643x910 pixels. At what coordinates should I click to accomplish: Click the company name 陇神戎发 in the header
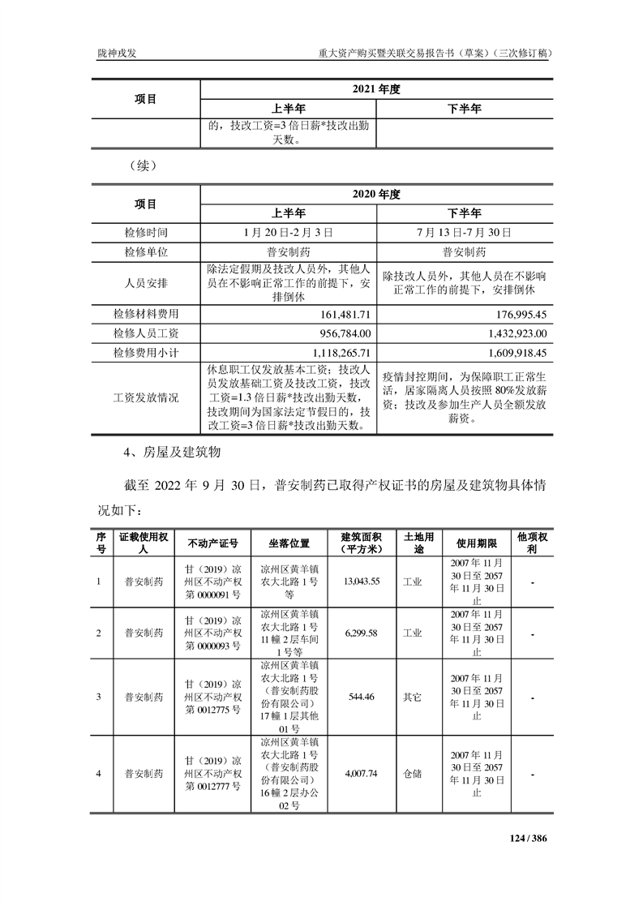115,53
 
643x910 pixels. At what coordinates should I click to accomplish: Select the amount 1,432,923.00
513,333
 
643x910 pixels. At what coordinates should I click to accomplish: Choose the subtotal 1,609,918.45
513,353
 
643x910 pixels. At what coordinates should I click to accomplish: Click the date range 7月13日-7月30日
465,232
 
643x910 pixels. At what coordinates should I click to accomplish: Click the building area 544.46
362,697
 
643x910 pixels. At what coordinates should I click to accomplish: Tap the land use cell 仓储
412,774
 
